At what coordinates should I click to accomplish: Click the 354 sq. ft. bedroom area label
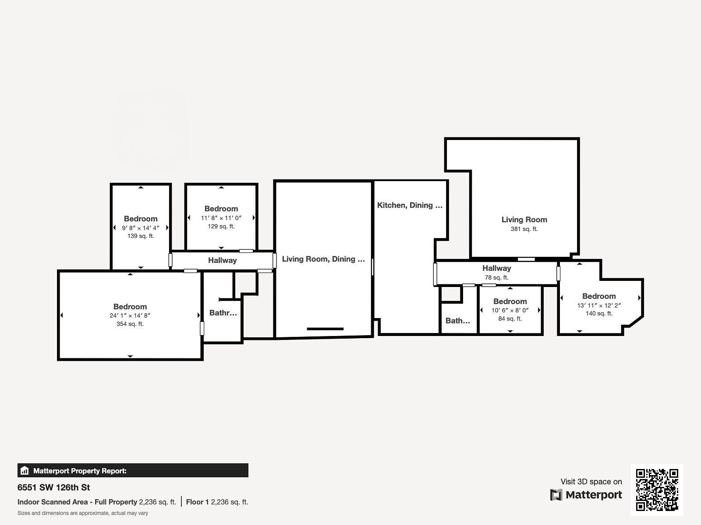[130, 324]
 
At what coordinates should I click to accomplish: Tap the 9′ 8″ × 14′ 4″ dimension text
[141, 228]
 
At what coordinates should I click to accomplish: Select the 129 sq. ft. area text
[221, 226]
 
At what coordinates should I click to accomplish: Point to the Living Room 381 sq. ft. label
[524, 224]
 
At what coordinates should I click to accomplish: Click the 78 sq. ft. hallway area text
[496, 278]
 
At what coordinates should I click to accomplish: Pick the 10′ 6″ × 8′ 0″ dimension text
[510, 310]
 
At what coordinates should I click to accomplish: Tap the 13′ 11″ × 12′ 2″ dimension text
[599, 305]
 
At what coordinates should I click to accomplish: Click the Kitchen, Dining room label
[410, 205]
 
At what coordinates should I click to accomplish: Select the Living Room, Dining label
[323, 259]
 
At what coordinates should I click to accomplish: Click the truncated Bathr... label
[223, 313]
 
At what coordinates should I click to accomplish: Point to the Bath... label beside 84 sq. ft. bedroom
[458, 321]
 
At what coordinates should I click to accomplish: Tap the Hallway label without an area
[222, 260]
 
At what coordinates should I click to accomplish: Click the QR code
[657, 490]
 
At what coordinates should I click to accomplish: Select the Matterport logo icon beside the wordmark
[556, 495]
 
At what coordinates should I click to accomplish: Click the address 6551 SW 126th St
[53, 487]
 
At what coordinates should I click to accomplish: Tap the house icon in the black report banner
[25, 470]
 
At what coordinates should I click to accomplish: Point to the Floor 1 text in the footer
[197, 502]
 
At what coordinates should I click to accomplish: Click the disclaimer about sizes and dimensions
[83, 513]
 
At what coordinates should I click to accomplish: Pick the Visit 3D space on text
[591, 482]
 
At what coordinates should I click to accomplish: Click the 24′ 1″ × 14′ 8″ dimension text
[130, 315]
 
